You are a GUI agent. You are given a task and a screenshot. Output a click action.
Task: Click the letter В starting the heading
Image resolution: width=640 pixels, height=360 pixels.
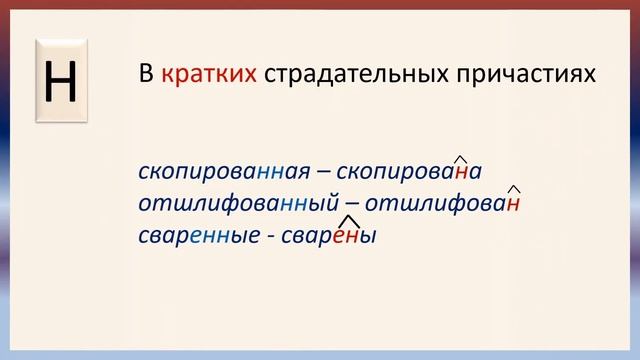[144, 75]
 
